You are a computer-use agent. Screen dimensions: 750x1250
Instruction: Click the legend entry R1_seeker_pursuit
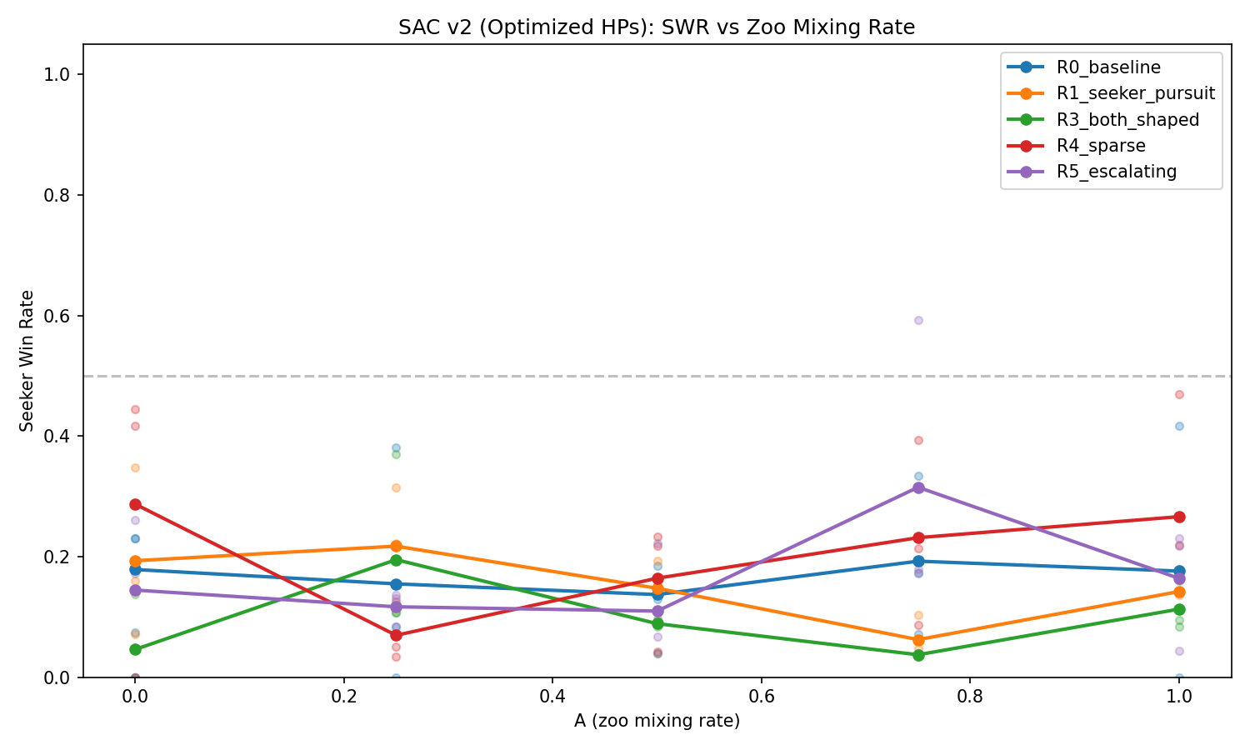[x=1134, y=93]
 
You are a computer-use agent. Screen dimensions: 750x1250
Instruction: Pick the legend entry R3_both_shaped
[x=1127, y=119]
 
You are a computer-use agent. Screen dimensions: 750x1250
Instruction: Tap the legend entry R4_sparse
[x=1100, y=146]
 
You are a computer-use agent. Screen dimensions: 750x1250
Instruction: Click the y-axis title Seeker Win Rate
[x=27, y=361]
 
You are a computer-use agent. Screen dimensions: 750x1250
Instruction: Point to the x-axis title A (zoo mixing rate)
[x=657, y=721]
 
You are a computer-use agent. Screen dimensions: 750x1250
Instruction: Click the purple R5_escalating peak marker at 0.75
[x=918, y=487]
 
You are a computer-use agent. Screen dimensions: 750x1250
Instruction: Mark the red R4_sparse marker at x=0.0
[x=135, y=504]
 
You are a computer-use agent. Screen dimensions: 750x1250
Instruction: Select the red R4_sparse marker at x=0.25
[x=396, y=635]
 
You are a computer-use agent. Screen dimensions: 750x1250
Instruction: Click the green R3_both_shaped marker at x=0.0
[x=135, y=649]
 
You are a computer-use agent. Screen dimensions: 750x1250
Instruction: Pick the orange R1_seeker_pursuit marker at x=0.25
[x=396, y=546]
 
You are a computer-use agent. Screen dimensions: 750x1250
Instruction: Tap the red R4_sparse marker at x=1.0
[x=1179, y=517]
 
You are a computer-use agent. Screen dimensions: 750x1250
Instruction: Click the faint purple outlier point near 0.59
[x=918, y=320]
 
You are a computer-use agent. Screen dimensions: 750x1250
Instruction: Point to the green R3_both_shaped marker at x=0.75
[x=918, y=655]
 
